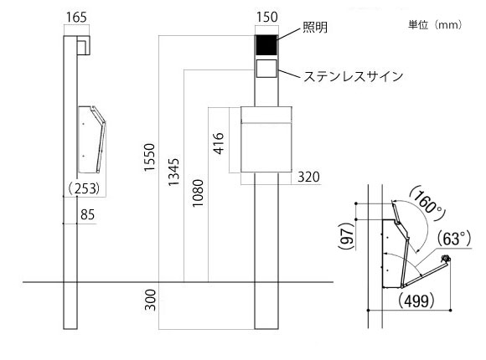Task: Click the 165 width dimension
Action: coord(76,18)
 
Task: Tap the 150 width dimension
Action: coord(266,17)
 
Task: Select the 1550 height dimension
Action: coord(149,157)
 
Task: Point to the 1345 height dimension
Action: coord(173,172)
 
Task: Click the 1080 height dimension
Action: coord(198,193)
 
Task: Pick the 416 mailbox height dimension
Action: coord(219,143)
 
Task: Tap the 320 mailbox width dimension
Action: coord(308,177)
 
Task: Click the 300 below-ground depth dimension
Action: coord(150,300)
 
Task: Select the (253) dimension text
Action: coord(84,188)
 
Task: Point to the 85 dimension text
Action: coord(87,214)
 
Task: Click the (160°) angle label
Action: coord(427,203)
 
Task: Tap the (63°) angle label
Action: coord(454,239)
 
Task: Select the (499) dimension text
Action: coord(416,301)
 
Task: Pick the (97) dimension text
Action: coord(346,236)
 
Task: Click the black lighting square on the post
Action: coord(266,45)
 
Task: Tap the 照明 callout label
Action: coord(314,28)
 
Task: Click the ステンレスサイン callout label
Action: coord(353,76)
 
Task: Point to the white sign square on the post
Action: coord(266,68)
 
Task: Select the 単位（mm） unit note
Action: coord(435,24)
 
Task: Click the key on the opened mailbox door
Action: coord(446,258)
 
